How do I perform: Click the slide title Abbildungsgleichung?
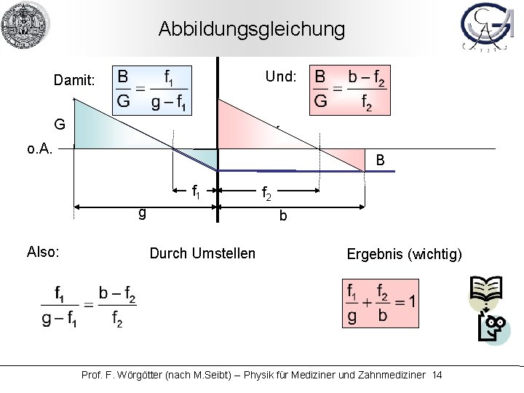[x=252, y=30]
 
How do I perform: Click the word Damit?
[x=74, y=81]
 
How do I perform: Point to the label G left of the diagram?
[x=60, y=124]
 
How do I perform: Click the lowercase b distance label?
[x=283, y=215]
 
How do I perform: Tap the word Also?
[x=42, y=252]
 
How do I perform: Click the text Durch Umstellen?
[x=202, y=253]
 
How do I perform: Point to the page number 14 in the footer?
[x=437, y=374]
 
